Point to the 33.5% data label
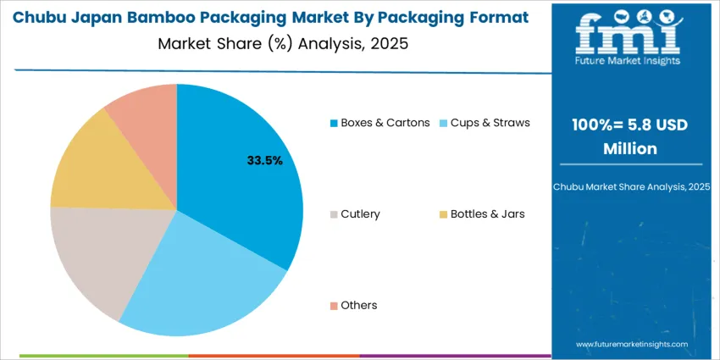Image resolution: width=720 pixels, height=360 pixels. click(264, 160)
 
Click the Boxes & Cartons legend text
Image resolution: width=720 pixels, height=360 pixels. click(385, 123)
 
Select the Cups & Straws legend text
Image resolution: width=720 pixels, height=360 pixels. click(490, 123)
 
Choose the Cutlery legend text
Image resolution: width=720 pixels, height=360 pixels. click(360, 214)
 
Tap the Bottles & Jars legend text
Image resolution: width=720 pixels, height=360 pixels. click(487, 214)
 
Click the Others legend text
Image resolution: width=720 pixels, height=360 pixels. click(359, 306)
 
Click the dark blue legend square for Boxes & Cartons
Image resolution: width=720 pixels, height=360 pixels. click(334, 124)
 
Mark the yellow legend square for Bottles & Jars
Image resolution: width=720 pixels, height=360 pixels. click(443, 215)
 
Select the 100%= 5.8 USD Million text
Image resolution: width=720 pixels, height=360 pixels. click(628, 136)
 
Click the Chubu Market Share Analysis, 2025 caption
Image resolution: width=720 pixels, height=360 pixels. click(628, 186)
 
